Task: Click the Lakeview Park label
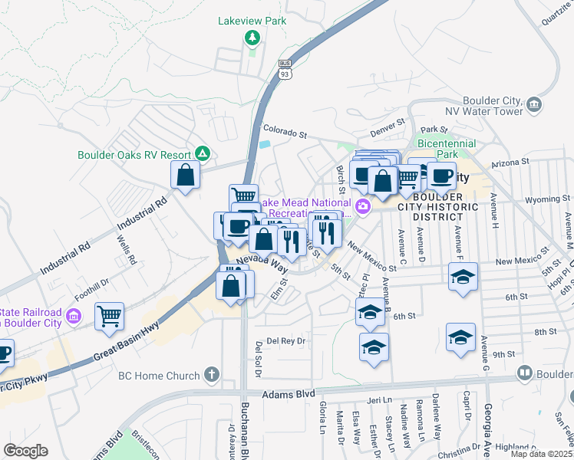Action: (252, 21)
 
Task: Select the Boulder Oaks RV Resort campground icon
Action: (202, 153)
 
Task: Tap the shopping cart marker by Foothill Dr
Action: (109, 315)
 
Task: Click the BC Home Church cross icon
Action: (212, 376)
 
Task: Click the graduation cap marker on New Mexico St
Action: (463, 276)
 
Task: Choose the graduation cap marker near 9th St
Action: (460, 337)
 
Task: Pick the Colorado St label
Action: (285, 131)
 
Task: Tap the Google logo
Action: (25, 450)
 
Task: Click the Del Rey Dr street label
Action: (285, 341)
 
